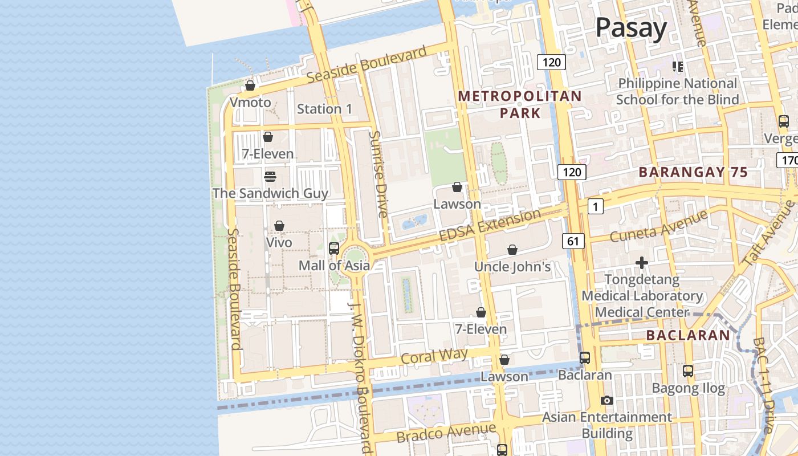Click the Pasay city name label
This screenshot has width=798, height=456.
coord(631,28)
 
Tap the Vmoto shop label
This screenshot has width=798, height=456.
coord(250,103)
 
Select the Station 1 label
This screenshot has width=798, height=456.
coord(324,109)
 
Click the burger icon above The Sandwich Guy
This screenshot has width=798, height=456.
coord(270,177)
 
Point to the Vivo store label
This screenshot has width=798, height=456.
coord(279,242)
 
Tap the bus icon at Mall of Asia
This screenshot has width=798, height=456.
coord(334,249)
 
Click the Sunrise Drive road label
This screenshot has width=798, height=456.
coord(378,174)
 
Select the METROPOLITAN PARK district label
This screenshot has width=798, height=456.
coord(520,104)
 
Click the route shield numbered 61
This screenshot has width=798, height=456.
coord(573,242)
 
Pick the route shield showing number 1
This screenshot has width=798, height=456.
coord(595,207)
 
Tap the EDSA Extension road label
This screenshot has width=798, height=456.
coord(489,225)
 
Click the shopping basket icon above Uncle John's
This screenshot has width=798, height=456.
coord(512,250)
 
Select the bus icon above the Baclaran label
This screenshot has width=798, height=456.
coord(585,358)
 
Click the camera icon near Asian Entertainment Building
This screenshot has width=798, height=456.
coord(607,400)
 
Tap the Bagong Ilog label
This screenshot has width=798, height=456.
coord(688,389)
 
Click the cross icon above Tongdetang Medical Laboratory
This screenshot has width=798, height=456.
coord(642,263)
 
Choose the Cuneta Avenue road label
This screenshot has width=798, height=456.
coord(658,226)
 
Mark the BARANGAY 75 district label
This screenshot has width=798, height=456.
coord(693,172)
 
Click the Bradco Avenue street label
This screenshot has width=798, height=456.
coord(446,433)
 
